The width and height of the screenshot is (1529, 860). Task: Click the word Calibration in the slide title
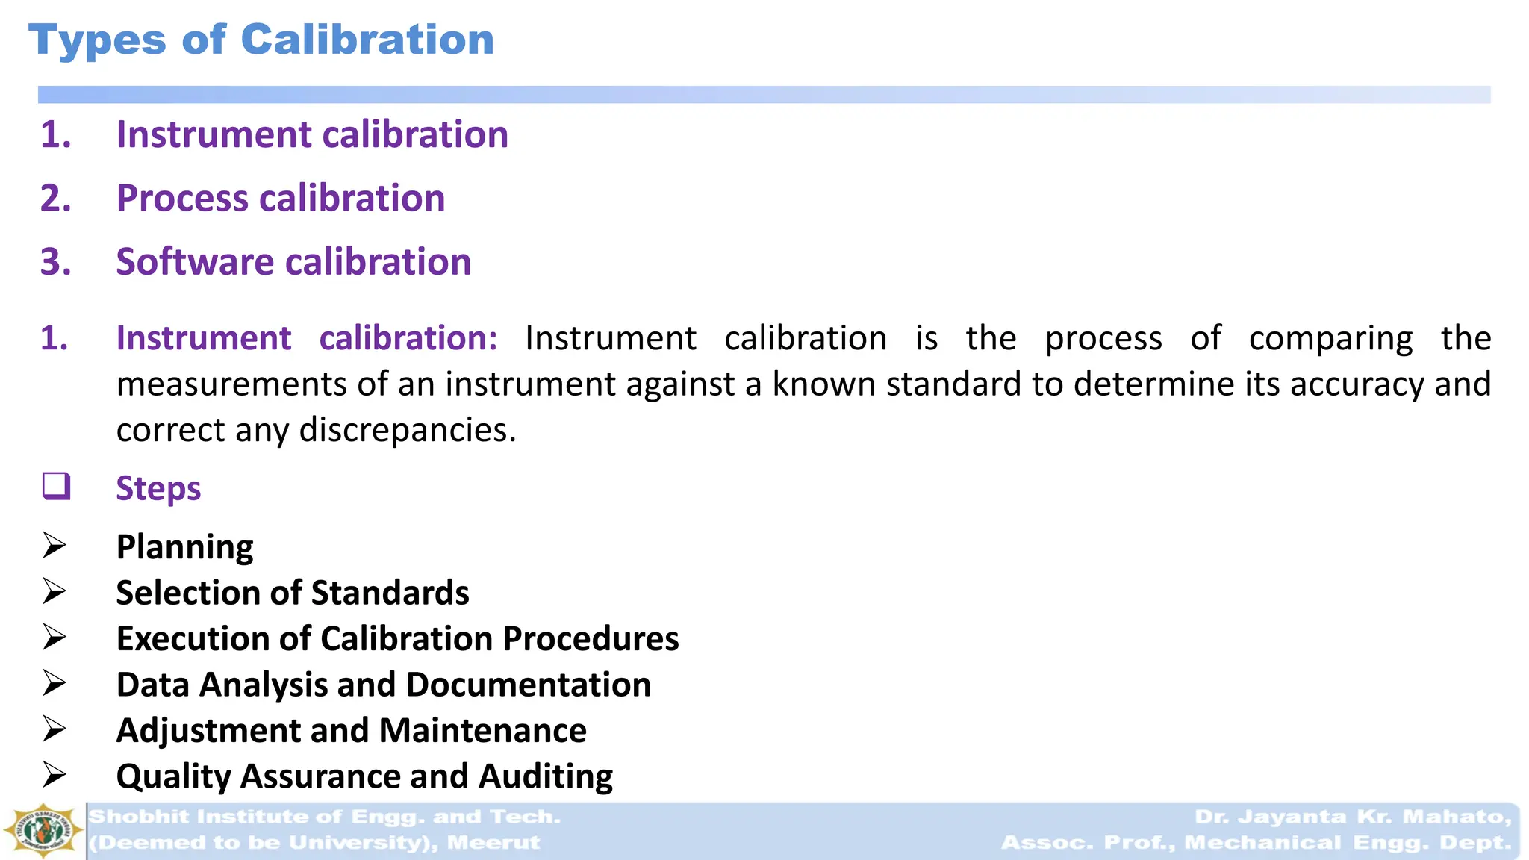click(367, 40)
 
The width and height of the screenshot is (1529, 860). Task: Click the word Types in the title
click(97, 41)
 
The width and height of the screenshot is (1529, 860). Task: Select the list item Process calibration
click(280, 199)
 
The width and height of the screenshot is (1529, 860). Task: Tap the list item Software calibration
click(293, 262)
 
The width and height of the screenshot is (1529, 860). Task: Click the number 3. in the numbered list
click(56, 262)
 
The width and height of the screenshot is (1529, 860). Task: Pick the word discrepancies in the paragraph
click(407, 430)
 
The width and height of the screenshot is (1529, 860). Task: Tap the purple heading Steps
click(158, 489)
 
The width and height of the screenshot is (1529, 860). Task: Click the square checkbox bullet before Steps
click(56, 486)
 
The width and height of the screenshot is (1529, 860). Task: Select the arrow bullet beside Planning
click(55, 546)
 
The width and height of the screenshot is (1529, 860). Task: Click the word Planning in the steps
click(184, 547)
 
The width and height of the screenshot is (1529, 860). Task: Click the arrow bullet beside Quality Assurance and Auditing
click(55, 775)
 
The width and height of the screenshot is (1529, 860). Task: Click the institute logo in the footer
click(43, 830)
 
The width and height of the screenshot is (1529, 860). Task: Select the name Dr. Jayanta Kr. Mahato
click(1352, 817)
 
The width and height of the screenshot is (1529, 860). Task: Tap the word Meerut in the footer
click(493, 843)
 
